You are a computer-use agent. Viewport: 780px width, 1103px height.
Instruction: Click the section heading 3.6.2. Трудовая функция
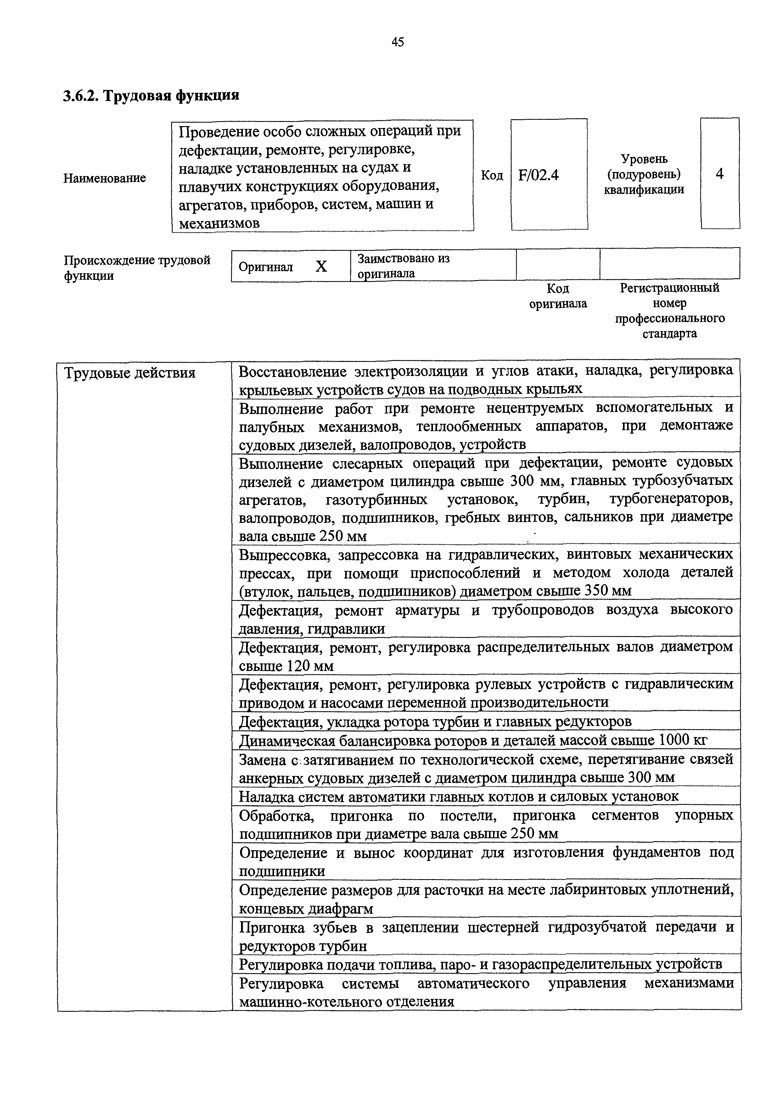tap(151, 96)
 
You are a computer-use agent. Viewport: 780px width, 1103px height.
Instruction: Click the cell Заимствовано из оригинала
tap(403, 266)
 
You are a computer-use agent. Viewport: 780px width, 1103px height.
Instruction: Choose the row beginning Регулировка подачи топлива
tap(480, 964)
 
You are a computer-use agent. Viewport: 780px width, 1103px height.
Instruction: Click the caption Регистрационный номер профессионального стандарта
tap(670, 310)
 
